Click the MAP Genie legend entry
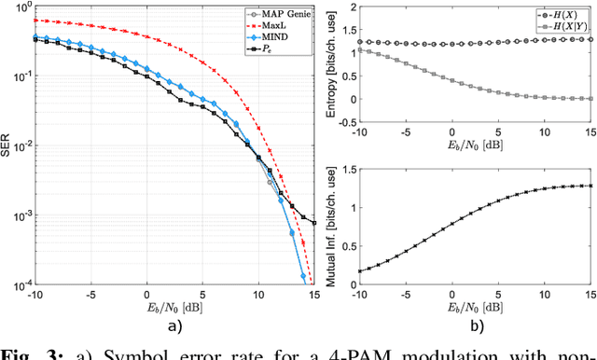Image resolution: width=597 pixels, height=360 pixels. click(273, 14)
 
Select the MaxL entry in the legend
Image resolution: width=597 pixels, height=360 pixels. click(266, 27)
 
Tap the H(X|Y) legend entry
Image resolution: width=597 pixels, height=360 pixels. click(559, 29)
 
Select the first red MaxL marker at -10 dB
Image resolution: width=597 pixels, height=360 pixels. click(35, 20)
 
